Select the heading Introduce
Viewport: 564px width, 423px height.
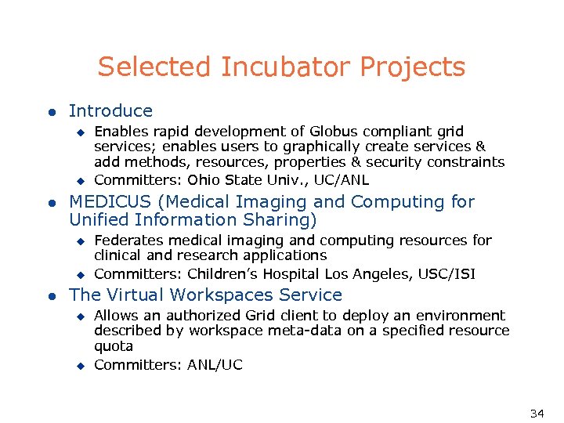(x=110, y=111)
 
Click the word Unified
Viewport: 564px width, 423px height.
(x=103, y=221)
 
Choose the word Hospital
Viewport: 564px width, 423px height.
(x=297, y=274)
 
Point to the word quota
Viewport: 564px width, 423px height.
(x=114, y=346)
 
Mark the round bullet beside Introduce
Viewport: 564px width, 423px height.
(x=51, y=112)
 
